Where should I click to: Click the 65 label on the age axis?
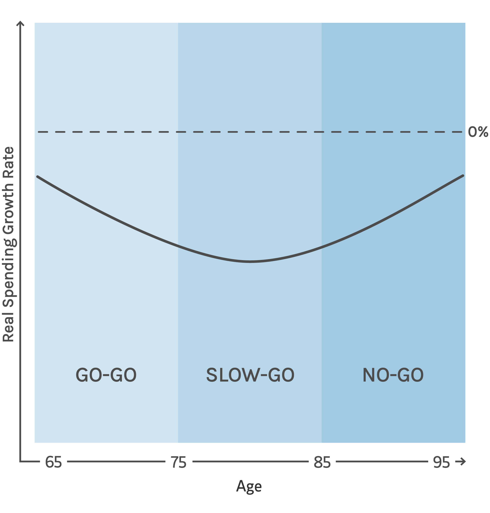tap(54, 462)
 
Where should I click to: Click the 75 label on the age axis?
tap(179, 462)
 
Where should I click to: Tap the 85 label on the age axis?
tap(322, 462)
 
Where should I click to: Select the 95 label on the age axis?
tap(441, 462)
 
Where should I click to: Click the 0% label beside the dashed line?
tap(478, 132)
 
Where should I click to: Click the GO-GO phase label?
tap(106, 375)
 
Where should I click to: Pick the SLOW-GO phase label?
tap(250, 375)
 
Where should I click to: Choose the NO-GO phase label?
tap(393, 375)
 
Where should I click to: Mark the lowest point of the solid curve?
tap(250, 261)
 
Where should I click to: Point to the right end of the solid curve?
tap(463, 176)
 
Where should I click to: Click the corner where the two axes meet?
tap(20, 461)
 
